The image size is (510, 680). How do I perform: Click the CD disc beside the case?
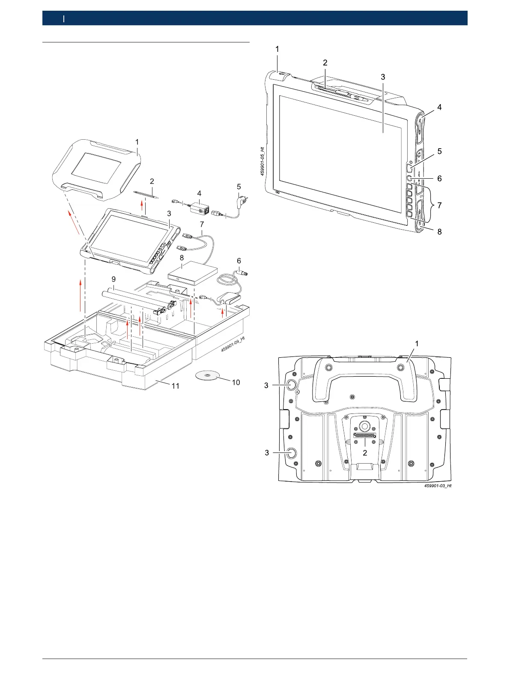(207, 376)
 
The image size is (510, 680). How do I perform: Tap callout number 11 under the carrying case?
(176, 386)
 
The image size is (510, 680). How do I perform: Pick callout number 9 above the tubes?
(113, 279)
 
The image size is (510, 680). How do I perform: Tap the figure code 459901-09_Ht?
(233, 344)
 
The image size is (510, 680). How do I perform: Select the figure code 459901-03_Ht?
(438, 486)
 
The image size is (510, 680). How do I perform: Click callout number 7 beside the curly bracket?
(439, 205)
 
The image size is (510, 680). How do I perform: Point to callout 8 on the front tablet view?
(439, 232)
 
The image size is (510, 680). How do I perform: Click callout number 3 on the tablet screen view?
(383, 77)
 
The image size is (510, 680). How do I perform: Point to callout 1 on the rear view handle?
(417, 344)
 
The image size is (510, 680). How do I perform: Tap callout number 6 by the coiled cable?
(239, 261)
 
